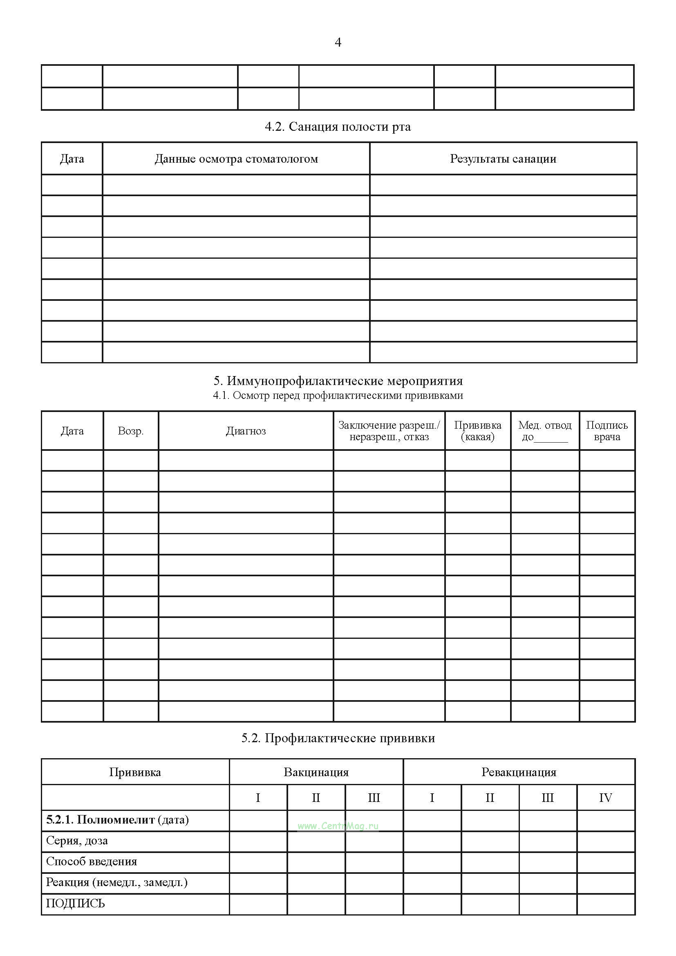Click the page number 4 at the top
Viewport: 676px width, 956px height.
(x=338, y=42)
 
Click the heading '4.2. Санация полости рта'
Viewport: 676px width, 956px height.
(x=338, y=127)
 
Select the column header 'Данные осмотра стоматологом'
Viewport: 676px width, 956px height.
(x=236, y=159)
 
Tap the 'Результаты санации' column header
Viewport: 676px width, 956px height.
(x=503, y=159)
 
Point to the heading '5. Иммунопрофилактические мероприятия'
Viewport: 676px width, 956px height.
(x=338, y=381)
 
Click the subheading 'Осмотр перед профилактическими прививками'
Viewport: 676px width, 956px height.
(x=338, y=395)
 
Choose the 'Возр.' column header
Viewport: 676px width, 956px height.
(x=131, y=430)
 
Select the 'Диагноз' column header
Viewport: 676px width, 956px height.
(x=246, y=430)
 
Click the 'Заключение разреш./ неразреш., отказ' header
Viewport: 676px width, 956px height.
(x=389, y=430)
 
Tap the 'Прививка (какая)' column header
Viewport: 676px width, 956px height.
(x=477, y=430)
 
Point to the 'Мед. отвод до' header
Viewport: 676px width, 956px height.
(x=544, y=430)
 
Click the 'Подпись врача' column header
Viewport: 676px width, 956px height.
(x=607, y=430)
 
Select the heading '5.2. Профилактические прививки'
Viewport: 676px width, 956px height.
(x=338, y=738)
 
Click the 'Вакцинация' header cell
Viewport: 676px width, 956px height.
(x=316, y=772)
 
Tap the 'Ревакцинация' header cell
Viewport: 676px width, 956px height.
(x=519, y=772)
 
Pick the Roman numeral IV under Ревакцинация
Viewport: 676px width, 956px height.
(x=605, y=797)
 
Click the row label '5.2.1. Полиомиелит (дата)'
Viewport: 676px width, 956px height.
(x=117, y=819)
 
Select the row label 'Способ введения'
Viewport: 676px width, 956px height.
(x=92, y=861)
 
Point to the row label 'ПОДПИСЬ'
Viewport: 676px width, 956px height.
(x=75, y=903)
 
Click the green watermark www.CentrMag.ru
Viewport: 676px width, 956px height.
(x=338, y=826)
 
